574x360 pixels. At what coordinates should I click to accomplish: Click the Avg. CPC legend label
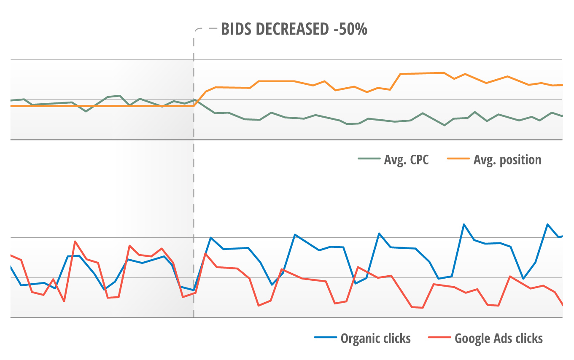406,160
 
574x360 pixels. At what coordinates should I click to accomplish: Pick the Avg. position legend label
507,160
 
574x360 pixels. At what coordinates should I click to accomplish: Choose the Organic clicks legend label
375,338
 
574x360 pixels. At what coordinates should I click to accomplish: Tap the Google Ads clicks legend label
499,338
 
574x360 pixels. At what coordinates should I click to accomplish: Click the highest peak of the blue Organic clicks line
464,224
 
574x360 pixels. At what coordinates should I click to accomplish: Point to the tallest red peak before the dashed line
75,242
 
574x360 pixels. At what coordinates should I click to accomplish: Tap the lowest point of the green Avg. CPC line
444,125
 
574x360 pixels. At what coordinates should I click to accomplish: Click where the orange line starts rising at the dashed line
194,106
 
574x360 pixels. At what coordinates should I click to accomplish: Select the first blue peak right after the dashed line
210,238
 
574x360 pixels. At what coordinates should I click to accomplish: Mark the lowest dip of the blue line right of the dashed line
272,285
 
